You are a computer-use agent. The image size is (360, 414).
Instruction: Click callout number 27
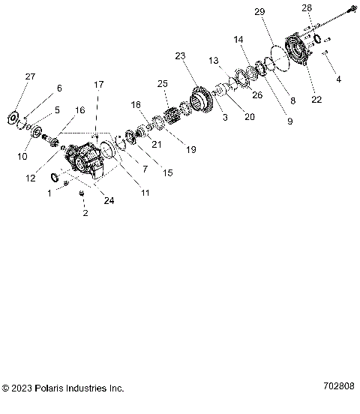click(x=30, y=77)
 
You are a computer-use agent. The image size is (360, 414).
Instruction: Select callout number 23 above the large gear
click(x=179, y=56)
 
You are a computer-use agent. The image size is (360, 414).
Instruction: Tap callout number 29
click(x=259, y=13)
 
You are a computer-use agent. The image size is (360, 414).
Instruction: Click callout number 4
click(x=337, y=79)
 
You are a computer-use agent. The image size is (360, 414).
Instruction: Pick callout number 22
click(x=316, y=100)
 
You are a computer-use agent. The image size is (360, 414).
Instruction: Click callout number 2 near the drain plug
click(x=85, y=213)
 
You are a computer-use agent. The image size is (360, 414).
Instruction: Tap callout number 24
click(x=110, y=200)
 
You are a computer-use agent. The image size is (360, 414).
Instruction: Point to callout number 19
click(x=190, y=149)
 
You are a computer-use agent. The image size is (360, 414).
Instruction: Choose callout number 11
click(x=145, y=193)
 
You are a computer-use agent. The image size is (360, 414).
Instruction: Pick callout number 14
click(x=238, y=39)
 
